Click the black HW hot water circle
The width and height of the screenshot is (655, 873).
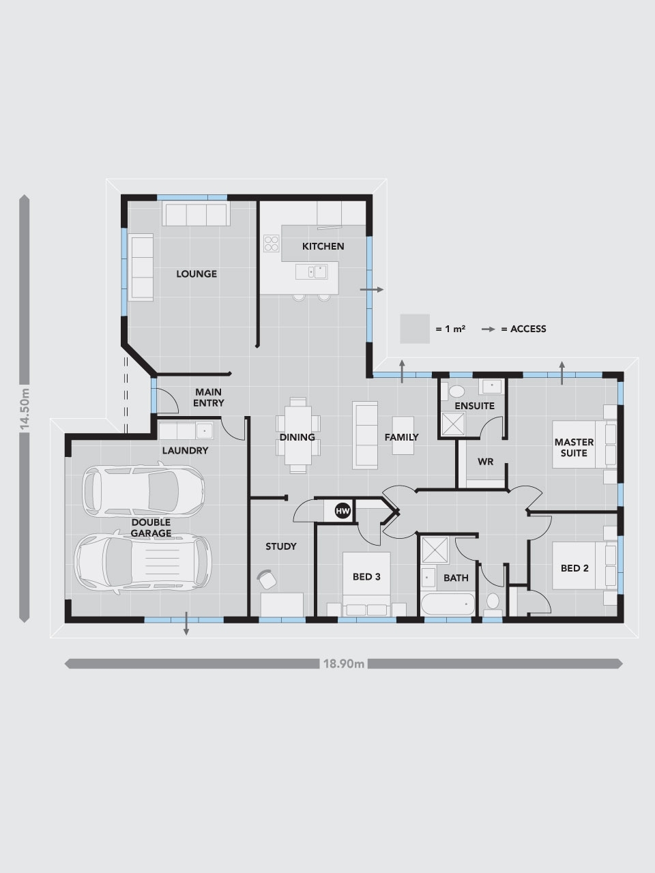pos(343,511)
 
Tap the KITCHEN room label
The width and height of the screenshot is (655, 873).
pos(323,246)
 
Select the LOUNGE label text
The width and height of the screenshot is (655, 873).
pos(196,273)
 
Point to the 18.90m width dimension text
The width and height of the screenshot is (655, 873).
pos(344,664)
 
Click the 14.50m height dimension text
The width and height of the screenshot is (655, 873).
pos(25,409)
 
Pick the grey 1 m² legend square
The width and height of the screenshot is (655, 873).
pos(415,329)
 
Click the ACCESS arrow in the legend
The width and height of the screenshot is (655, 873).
pos(488,329)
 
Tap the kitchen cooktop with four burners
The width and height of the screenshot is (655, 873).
pos(272,243)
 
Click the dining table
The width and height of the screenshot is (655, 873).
pos(298,435)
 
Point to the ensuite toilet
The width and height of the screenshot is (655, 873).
pos(454,391)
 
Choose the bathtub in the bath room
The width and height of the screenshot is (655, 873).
pos(448,604)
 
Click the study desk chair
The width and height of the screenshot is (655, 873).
pos(267,578)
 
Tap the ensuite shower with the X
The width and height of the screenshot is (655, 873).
pos(453,424)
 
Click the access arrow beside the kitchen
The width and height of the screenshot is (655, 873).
pos(372,290)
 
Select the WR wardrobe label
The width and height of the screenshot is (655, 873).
pos(485,462)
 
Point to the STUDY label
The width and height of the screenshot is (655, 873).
pos(281,546)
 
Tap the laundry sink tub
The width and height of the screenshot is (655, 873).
pos(205,431)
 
